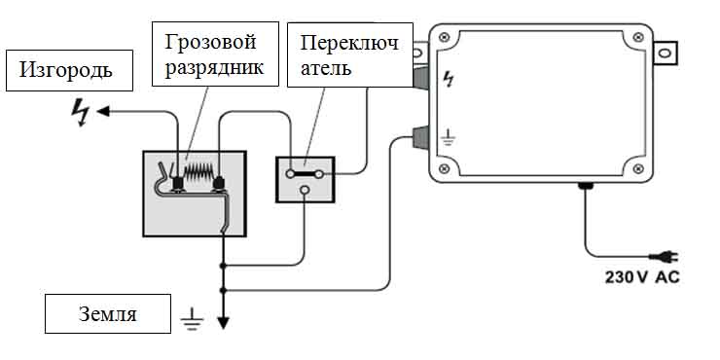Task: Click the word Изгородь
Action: (x=65, y=71)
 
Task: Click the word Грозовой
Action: (x=210, y=43)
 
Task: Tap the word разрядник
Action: (x=214, y=68)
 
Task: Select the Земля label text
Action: (x=108, y=314)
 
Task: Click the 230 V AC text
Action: (x=642, y=277)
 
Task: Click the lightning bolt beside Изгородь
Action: (x=82, y=113)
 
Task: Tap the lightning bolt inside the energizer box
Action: (x=449, y=79)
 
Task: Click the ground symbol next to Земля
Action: (x=192, y=319)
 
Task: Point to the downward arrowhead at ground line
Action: (x=223, y=323)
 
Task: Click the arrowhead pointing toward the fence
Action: (x=103, y=111)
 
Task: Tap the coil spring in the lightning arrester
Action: (x=198, y=173)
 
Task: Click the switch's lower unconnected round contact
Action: (x=304, y=190)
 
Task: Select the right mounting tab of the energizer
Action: (x=666, y=54)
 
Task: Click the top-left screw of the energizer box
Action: (x=444, y=38)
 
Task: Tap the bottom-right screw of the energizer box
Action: (x=637, y=169)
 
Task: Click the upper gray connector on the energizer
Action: (x=420, y=77)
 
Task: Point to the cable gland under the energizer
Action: (x=586, y=186)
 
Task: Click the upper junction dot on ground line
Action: (x=223, y=266)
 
